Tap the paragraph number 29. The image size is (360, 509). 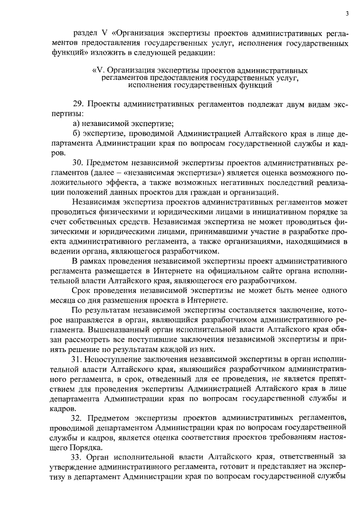click(79, 105)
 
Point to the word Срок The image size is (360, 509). click(83, 290)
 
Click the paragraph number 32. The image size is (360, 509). click(79, 420)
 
